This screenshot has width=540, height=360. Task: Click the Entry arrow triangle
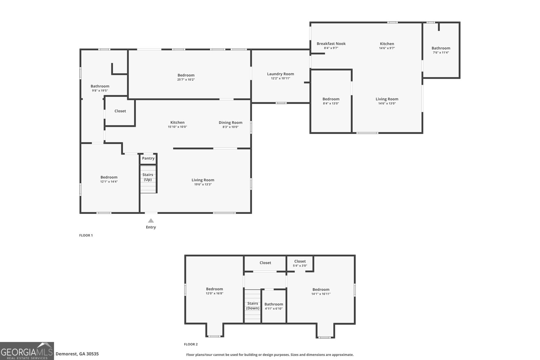click(x=151, y=221)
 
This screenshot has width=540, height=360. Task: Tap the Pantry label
click(x=148, y=158)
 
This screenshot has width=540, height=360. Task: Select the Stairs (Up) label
click(x=148, y=177)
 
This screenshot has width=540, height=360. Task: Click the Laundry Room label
click(x=280, y=74)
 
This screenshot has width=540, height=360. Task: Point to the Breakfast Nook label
click(x=331, y=44)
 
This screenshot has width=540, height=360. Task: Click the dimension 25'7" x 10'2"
click(x=186, y=80)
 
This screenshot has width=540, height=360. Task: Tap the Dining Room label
click(x=231, y=122)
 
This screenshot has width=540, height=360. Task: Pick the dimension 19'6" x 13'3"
click(x=203, y=184)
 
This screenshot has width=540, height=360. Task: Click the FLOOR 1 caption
click(x=86, y=235)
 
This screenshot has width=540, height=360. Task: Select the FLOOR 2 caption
click(x=191, y=344)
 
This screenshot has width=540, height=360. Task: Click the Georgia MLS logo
click(x=27, y=351)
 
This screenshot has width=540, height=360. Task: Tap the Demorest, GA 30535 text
click(x=77, y=354)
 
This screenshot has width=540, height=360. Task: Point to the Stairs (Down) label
click(x=252, y=306)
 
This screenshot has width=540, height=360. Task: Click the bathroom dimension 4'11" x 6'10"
click(x=274, y=308)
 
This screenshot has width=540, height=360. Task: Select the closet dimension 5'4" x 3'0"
click(x=300, y=266)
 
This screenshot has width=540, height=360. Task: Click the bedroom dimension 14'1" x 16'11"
click(x=321, y=294)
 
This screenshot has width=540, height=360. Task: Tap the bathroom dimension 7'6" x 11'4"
click(x=441, y=52)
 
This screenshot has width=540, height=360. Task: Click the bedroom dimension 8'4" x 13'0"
click(x=331, y=104)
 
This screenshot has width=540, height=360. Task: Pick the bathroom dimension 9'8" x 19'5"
click(x=100, y=90)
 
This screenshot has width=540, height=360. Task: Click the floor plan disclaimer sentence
click(x=270, y=355)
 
